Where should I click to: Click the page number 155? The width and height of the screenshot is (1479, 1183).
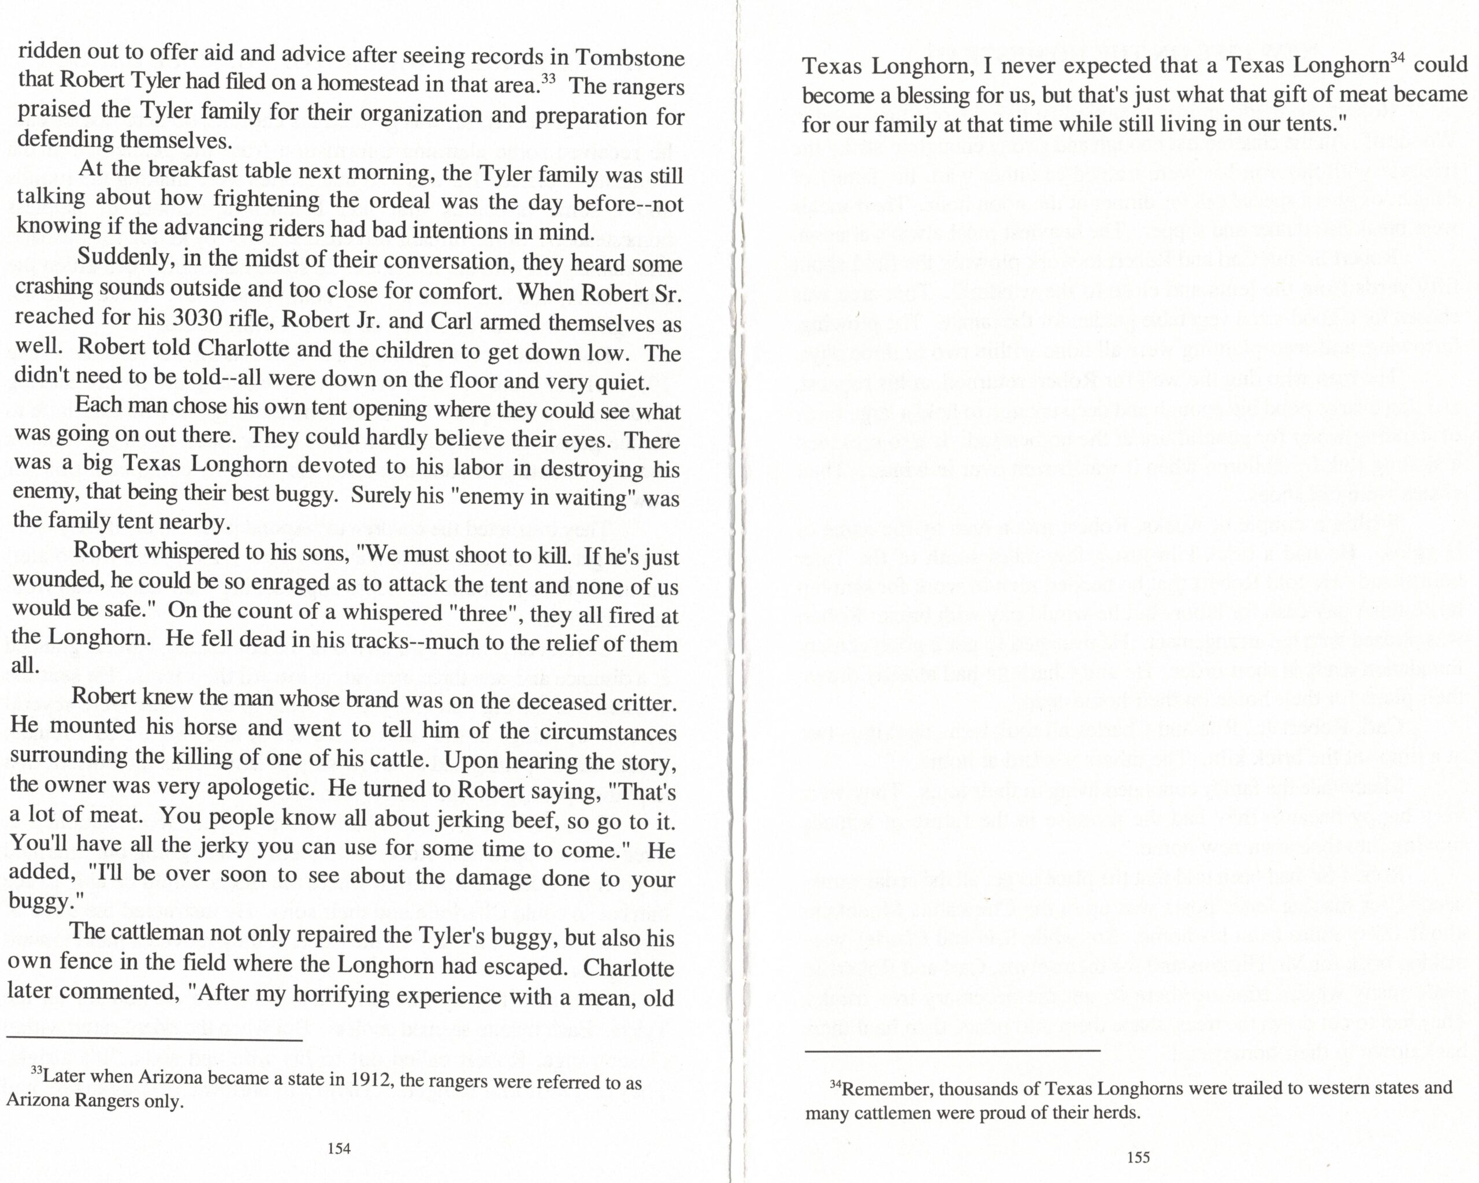(1138, 1158)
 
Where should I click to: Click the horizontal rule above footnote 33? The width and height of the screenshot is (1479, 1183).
(154, 1041)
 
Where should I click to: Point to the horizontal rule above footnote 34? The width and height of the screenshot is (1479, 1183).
(952, 1050)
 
